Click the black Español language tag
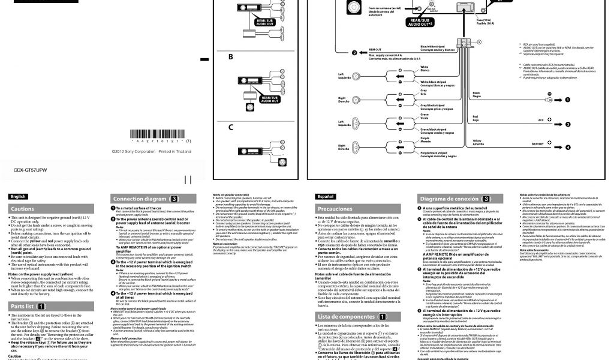pos(326,196)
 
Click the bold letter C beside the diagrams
pos(231,128)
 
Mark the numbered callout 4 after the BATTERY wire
pos(567,147)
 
